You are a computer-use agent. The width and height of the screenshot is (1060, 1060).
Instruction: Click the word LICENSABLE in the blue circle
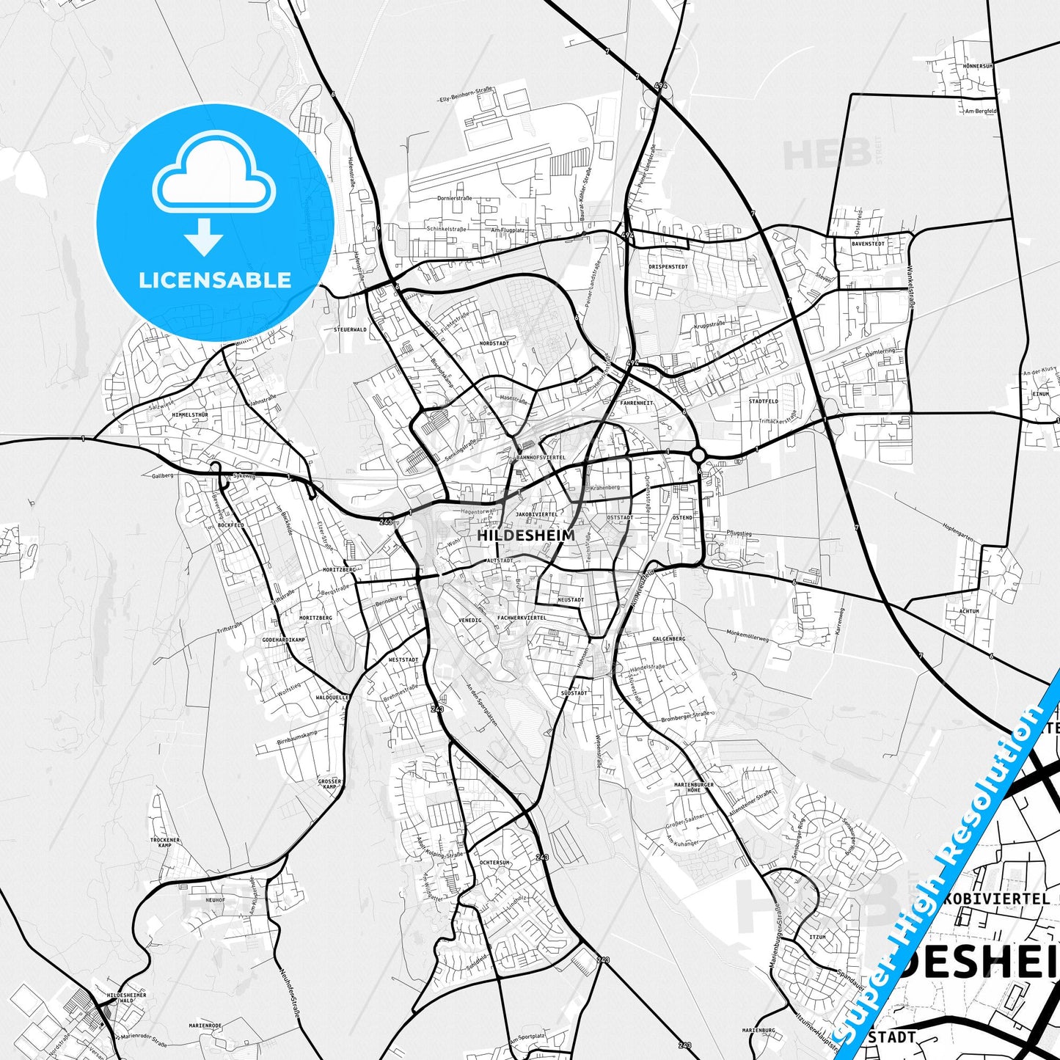coord(215,279)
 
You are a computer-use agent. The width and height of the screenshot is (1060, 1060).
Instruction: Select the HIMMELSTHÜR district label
coord(190,414)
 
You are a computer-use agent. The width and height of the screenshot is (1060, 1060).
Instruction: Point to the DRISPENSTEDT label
coord(668,267)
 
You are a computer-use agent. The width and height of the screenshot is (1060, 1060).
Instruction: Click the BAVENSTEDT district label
coord(868,243)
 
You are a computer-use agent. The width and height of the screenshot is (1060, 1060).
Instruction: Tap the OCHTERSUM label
coord(494,863)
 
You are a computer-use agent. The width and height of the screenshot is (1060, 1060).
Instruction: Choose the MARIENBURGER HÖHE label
coord(693,787)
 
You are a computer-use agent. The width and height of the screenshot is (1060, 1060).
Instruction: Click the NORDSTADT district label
coord(494,343)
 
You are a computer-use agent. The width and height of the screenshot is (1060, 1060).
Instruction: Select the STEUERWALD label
coord(350,330)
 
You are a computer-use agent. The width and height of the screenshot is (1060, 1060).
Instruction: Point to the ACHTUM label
coord(969,611)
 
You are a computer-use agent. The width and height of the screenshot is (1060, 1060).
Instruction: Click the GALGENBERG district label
coord(668,639)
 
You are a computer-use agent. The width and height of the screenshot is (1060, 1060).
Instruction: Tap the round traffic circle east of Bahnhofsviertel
coord(698,456)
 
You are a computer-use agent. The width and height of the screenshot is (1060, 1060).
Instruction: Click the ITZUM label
coord(817,937)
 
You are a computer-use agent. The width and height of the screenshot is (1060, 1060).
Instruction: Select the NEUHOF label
coord(215,900)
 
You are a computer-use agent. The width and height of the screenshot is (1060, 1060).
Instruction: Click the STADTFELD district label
coord(764,402)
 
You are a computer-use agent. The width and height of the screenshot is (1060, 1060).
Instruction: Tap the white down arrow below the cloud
coord(204,237)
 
